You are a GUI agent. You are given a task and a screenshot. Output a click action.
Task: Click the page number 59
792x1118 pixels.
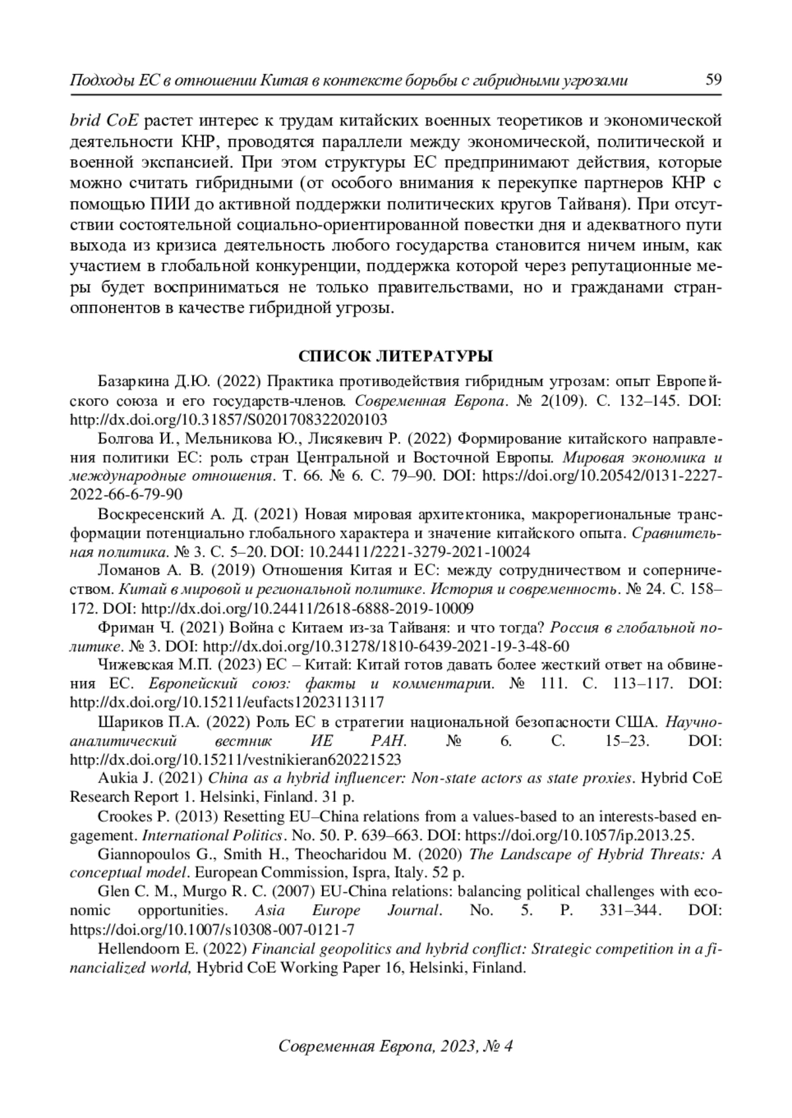(713, 80)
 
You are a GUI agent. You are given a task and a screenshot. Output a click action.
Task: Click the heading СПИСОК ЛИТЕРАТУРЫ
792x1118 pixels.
(395, 357)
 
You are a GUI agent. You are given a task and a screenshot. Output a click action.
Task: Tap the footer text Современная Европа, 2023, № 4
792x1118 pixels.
(395, 1046)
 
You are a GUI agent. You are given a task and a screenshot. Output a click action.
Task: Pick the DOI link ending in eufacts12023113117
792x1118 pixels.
(227, 702)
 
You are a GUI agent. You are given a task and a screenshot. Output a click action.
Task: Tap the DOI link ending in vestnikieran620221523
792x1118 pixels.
(235, 759)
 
